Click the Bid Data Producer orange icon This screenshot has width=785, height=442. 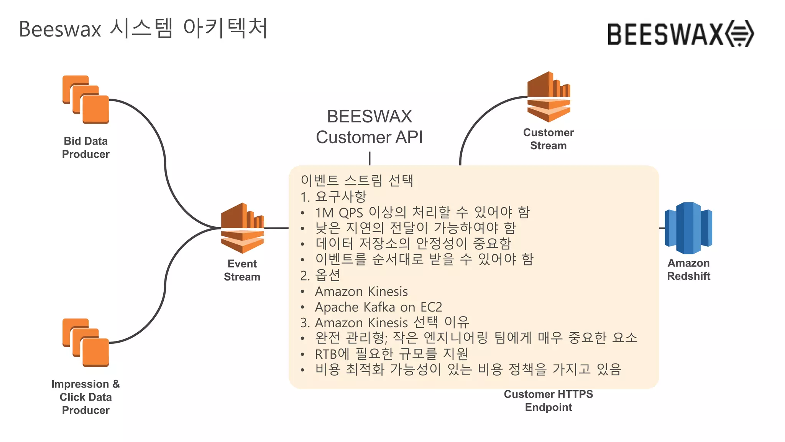pyautogui.click(x=86, y=100)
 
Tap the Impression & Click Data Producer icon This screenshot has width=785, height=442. pyautogui.click(x=86, y=343)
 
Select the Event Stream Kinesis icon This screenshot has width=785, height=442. pyautogui.click(x=242, y=228)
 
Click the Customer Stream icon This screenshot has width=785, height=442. pyautogui.click(x=549, y=97)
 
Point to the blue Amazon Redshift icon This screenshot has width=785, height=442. pyautogui.click(x=688, y=228)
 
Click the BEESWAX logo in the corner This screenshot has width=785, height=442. pyautogui.click(x=680, y=34)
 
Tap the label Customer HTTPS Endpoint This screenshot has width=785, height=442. pyautogui.click(x=548, y=401)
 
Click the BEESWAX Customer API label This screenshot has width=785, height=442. pyautogui.click(x=370, y=127)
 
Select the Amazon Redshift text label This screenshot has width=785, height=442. pyautogui.click(x=688, y=269)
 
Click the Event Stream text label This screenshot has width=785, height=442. pyautogui.click(x=242, y=270)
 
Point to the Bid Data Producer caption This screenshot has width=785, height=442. pyautogui.click(x=86, y=147)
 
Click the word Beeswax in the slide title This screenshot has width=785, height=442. pyautogui.click(x=60, y=30)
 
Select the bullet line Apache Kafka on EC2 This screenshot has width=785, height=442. pyautogui.click(x=378, y=307)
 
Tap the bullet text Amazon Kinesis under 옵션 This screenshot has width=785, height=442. pyautogui.click(x=361, y=291)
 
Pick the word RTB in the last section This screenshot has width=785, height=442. pyautogui.click(x=326, y=354)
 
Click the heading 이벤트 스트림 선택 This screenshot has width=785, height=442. pyautogui.click(x=357, y=180)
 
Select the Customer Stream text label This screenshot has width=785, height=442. pyautogui.click(x=548, y=139)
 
